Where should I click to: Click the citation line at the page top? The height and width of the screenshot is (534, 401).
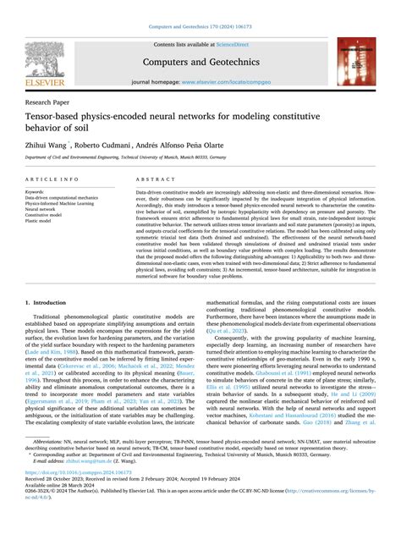200,28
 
